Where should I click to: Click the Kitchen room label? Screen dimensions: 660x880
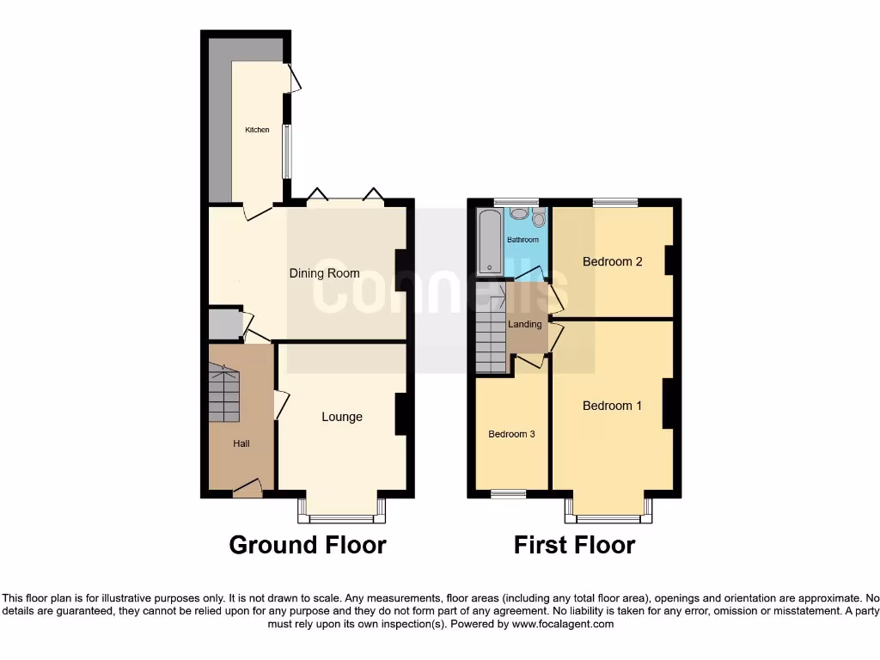(257, 130)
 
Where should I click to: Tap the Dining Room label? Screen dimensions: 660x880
(324, 273)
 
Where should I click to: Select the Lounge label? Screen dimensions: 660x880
(342, 417)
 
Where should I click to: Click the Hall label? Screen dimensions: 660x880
(241, 443)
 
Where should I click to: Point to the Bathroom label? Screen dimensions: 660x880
(522, 240)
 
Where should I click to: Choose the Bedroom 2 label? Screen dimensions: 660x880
(612, 261)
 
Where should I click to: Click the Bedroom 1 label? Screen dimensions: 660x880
(612, 406)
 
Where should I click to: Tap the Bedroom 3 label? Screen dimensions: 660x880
(511, 434)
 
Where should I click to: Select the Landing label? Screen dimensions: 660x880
(524, 324)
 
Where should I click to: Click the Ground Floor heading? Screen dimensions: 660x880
(308, 545)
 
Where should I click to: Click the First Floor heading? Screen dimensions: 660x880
(574, 545)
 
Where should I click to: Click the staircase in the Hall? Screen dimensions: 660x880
(223, 393)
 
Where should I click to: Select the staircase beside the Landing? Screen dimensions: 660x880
(491, 339)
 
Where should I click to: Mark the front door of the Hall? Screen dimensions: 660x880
(247, 490)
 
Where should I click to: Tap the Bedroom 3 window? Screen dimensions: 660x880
(508, 493)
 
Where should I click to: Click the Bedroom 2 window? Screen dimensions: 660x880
(615, 203)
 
